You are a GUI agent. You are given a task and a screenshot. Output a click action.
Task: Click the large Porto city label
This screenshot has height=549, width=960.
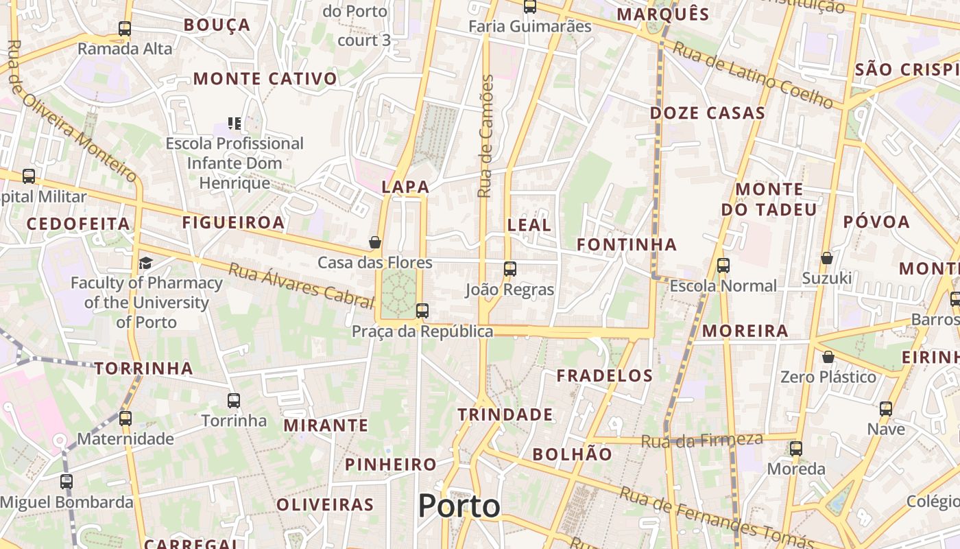(x=459, y=506)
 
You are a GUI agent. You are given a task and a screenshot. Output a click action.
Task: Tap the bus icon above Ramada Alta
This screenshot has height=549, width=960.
(x=124, y=29)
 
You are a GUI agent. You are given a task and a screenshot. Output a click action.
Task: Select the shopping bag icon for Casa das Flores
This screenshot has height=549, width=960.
(x=374, y=242)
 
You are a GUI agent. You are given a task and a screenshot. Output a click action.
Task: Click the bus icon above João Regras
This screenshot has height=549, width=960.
(x=509, y=269)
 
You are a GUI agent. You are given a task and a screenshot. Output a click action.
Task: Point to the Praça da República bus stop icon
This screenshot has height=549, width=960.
(x=422, y=311)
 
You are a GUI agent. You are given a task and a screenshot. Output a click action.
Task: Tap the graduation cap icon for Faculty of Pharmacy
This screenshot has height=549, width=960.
(x=145, y=263)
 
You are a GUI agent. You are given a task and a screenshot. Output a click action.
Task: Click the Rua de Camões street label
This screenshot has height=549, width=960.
(x=485, y=137)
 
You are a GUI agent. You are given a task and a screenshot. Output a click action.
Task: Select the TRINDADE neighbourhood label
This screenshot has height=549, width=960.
(x=505, y=414)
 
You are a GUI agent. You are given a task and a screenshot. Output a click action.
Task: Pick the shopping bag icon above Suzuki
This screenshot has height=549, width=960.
(x=827, y=258)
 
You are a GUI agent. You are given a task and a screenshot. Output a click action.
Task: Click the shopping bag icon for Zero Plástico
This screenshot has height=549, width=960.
(x=828, y=357)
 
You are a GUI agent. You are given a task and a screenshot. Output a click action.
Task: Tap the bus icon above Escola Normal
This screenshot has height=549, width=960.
(x=723, y=266)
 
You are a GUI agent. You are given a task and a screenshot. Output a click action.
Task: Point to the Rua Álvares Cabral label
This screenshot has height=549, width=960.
(x=302, y=281)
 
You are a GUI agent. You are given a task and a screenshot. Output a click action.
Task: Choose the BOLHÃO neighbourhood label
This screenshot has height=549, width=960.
(x=572, y=454)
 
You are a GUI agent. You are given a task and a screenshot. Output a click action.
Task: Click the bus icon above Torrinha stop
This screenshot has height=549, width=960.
(x=234, y=401)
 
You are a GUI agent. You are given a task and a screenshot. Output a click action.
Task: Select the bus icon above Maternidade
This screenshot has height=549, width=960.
(x=125, y=418)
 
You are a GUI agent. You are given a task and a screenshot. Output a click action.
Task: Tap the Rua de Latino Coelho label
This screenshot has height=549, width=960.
(x=752, y=75)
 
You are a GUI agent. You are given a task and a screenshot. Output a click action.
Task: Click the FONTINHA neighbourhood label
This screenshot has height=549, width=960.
(x=626, y=244)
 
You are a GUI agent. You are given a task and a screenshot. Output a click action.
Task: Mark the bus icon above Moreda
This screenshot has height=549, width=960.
(x=795, y=449)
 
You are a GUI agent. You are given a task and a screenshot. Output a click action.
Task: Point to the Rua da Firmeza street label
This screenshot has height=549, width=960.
(x=701, y=440)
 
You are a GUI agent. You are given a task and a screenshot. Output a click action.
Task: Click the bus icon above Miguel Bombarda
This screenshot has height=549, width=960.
(x=66, y=482)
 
